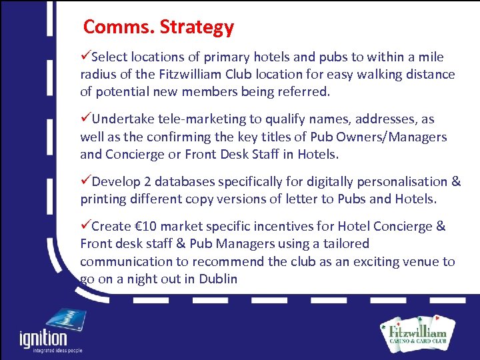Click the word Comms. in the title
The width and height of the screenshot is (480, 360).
pyautogui.click(x=117, y=27)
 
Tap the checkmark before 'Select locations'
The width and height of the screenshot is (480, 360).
pyautogui.click(x=86, y=57)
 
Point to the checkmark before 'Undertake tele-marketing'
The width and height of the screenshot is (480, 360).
pyautogui.click(x=86, y=119)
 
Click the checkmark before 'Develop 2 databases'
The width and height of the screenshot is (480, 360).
pyautogui.click(x=86, y=181)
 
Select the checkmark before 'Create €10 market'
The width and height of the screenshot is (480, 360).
pyautogui.click(x=86, y=226)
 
